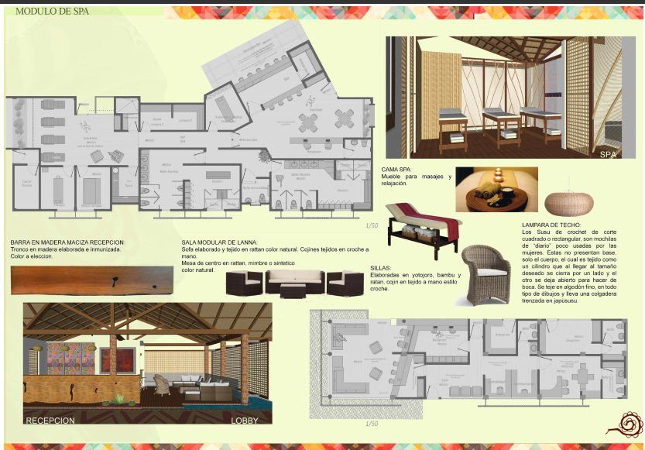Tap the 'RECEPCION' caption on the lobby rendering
(x=50, y=421)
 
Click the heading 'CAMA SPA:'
(x=402, y=169)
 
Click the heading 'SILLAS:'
(x=381, y=267)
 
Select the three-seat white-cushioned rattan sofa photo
(x=295, y=283)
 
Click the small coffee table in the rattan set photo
(x=293, y=291)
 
